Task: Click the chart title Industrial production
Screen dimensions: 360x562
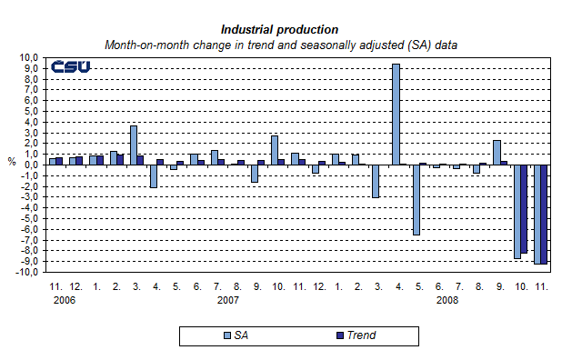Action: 279,30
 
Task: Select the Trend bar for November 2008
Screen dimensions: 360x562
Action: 544,214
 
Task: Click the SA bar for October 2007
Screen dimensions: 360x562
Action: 274,150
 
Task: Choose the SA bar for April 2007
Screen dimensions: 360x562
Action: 154,175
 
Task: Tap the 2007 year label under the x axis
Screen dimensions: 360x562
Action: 227,299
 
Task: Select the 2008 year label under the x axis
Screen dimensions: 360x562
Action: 447,299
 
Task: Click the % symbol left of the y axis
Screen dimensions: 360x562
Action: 12,162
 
